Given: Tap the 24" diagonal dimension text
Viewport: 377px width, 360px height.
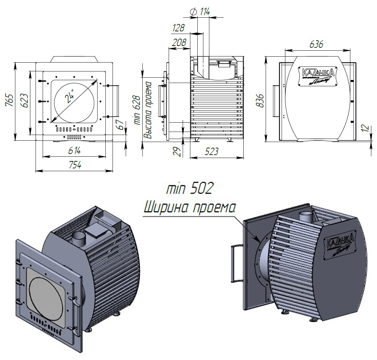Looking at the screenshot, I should [70, 97].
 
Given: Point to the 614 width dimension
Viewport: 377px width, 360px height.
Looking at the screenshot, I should [74, 151].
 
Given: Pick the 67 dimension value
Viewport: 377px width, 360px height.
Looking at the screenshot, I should [121, 124].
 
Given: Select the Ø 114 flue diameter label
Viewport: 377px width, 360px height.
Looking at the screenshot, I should [200, 12].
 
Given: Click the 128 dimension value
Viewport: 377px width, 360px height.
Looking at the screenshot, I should [178, 28].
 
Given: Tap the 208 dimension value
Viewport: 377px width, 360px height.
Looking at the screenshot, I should [179, 42].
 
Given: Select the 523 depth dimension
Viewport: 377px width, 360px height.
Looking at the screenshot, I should [211, 152].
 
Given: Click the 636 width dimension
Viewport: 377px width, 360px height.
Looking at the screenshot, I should [316, 44].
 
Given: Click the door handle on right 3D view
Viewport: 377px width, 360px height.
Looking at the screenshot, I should [236, 263].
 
